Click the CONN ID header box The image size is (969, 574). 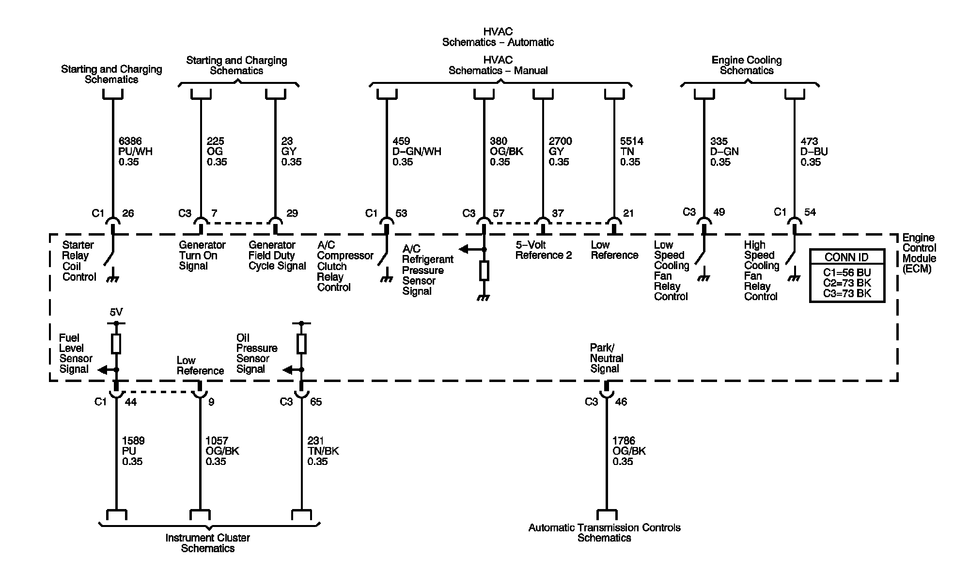click(x=846, y=257)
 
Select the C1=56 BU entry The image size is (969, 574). click(x=846, y=272)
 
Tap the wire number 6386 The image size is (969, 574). click(x=130, y=141)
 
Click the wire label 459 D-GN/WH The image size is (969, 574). click(x=417, y=151)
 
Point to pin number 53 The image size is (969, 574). click(x=401, y=213)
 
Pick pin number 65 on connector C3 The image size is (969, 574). click(x=316, y=402)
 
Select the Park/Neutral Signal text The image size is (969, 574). click(x=606, y=358)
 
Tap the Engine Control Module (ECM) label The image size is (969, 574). click(x=919, y=253)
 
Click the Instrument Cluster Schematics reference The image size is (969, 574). click(x=208, y=543)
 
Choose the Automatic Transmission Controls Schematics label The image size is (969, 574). click(x=604, y=532)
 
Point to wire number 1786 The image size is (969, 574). click(x=624, y=441)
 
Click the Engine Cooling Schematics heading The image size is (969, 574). click(x=746, y=65)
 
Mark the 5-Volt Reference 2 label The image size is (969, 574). click(x=543, y=250)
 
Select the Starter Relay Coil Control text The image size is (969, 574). click(x=79, y=261)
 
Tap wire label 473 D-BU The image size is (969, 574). click(x=814, y=151)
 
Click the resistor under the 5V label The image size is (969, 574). click(x=116, y=343)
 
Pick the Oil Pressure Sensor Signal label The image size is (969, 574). click(x=256, y=353)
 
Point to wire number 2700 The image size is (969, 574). click(x=560, y=141)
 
